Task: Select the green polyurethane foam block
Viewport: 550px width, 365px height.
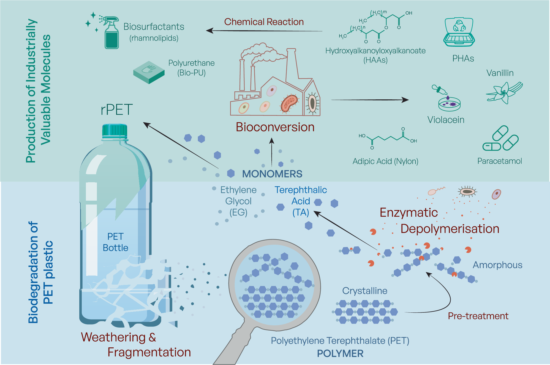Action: (149, 72)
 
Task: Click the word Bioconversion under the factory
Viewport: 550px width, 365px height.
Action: (275, 127)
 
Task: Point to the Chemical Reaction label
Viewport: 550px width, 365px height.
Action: (264, 22)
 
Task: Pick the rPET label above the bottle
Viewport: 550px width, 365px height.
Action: (117, 110)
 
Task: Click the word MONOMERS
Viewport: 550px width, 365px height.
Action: (272, 174)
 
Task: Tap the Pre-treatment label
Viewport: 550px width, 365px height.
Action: (478, 316)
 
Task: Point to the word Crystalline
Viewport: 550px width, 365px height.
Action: (364, 291)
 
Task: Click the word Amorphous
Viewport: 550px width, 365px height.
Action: (497, 265)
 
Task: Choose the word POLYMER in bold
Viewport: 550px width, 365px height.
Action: (340, 354)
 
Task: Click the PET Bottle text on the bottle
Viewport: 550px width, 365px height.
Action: (115, 242)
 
